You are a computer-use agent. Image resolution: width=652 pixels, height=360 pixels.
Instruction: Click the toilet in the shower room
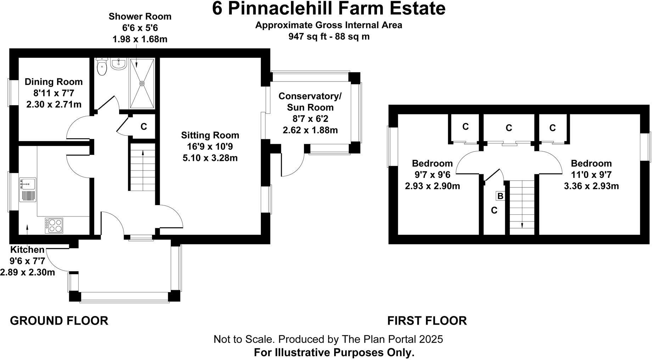point(102,67)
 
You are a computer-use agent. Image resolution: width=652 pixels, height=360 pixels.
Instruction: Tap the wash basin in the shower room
point(118,64)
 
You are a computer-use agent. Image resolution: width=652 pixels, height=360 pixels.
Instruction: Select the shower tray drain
point(142,84)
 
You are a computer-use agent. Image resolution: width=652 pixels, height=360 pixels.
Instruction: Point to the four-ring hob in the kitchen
point(54,225)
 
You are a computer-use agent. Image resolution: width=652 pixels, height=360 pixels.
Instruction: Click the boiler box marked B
point(500,196)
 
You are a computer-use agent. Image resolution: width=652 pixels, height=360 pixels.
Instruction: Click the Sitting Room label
point(210,135)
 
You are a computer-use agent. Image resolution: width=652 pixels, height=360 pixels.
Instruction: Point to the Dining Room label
point(54,82)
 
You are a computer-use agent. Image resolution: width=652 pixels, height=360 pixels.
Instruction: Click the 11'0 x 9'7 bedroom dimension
point(591,175)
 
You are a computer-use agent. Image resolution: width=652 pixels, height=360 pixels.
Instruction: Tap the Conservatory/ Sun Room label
point(310,102)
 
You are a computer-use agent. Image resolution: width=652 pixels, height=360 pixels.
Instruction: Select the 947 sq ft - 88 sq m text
point(328,36)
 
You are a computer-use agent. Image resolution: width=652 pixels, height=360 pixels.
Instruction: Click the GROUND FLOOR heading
point(59,321)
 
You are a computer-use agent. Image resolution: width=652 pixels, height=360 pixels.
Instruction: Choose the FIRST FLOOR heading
point(427,321)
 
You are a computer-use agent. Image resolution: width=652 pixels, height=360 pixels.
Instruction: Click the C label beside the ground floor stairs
point(144,126)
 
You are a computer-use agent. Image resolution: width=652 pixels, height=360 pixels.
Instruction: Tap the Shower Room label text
point(140,16)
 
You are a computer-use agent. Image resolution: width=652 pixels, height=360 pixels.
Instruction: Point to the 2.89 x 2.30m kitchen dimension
point(28,272)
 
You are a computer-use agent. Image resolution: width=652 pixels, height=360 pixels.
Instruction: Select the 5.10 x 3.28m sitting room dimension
point(210,158)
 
